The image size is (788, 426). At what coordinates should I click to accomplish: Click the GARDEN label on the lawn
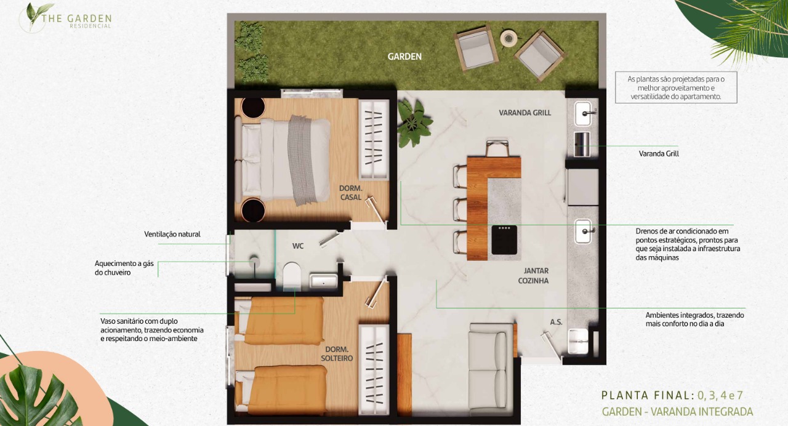pos(404,57)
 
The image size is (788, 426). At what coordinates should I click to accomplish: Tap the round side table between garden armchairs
pos(509,38)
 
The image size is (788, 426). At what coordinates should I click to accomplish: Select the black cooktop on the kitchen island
pos(504,239)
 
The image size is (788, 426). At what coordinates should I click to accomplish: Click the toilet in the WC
pos(292,276)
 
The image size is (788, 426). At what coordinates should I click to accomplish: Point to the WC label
pos(297,246)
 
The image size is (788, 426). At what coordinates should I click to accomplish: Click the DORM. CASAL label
pos(351,193)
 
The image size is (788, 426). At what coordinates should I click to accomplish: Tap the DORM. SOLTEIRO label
pos(337,354)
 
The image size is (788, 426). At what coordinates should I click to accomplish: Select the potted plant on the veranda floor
pos(414,122)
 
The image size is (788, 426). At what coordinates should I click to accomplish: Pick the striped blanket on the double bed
pos(302,160)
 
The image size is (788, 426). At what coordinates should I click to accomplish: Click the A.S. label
pos(556,322)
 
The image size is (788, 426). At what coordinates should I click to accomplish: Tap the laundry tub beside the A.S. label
pos(577,341)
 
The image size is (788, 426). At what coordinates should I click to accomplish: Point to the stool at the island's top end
pos(497,148)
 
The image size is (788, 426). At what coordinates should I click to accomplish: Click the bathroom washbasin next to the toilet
pos(323,281)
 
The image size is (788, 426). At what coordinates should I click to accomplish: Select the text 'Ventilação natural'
pos(172,235)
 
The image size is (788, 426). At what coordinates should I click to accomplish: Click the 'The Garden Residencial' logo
pos(65,18)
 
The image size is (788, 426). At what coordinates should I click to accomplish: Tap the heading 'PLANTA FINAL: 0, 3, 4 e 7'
pos(672,395)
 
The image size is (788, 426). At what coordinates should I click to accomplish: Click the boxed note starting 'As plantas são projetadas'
pos(676,87)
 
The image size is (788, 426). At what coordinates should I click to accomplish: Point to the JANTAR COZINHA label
pos(534,276)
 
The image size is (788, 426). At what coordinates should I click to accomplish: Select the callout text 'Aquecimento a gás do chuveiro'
pos(124,268)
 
